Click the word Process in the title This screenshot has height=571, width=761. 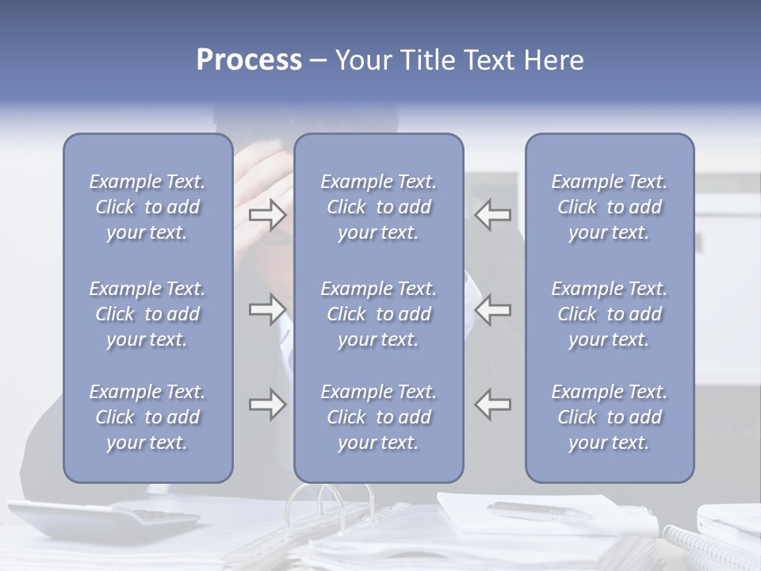click(x=249, y=60)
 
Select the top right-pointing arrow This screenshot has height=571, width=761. click(x=267, y=213)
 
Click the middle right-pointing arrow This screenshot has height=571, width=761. click(x=267, y=309)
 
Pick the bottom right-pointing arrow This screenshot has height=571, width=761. click(x=267, y=404)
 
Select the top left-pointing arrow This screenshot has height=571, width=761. click(x=493, y=214)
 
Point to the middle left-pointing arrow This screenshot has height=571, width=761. click(x=493, y=309)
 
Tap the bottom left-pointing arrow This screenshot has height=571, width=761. click(x=493, y=404)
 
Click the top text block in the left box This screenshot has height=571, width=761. click(x=147, y=207)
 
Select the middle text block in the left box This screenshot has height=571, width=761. click(x=147, y=314)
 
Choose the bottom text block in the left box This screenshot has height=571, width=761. click(x=147, y=417)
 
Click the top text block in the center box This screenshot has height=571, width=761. click(x=378, y=207)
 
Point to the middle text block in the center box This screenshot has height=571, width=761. click(x=378, y=314)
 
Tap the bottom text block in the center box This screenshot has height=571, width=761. click(x=378, y=417)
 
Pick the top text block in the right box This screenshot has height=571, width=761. click(x=609, y=207)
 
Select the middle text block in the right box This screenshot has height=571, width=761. click(x=609, y=314)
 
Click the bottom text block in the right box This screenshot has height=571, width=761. click(x=609, y=417)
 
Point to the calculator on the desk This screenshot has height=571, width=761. click(x=103, y=519)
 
